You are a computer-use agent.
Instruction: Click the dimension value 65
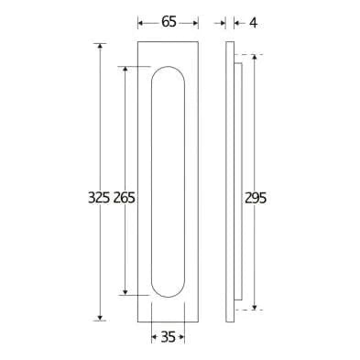click(x=169, y=22)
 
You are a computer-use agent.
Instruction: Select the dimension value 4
click(x=253, y=23)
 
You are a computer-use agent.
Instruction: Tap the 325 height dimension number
click(x=99, y=198)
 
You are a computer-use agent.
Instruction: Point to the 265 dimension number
click(x=125, y=198)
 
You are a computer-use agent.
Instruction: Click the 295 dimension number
click(x=256, y=198)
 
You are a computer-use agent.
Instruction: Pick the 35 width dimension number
click(x=169, y=337)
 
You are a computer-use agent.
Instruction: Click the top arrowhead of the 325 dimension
click(x=100, y=46)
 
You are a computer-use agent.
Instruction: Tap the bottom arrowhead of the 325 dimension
click(x=100, y=318)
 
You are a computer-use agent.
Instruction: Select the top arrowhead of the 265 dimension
click(x=125, y=69)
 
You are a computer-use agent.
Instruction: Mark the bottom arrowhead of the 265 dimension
click(x=125, y=292)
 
